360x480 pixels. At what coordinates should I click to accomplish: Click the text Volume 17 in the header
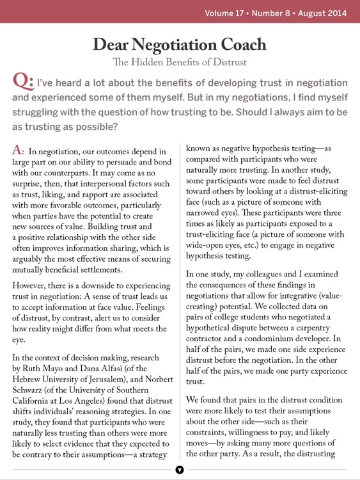click(226, 12)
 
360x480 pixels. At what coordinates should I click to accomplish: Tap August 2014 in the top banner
click(322, 12)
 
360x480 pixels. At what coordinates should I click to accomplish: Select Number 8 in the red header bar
click(274, 12)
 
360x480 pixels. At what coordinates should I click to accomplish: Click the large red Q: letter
click(23, 82)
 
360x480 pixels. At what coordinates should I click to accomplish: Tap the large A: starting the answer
click(19, 151)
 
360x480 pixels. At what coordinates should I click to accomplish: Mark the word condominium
click(265, 344)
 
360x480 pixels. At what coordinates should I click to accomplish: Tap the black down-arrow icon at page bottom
click(180, 470)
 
